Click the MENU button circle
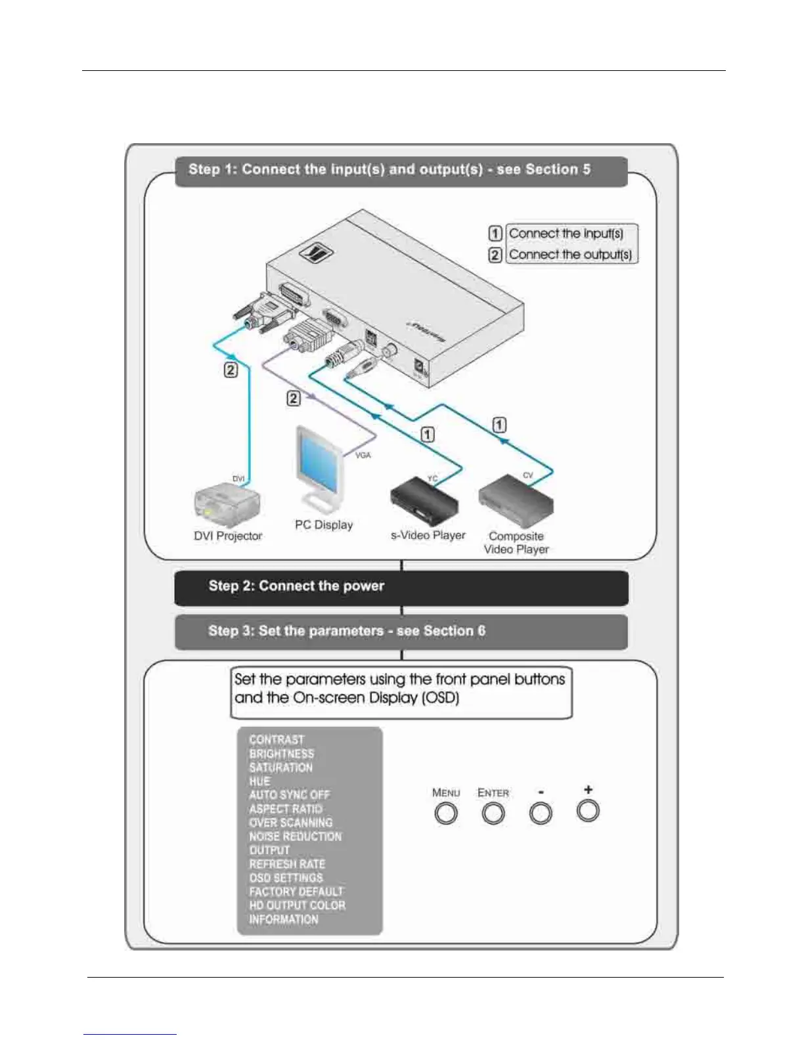446,813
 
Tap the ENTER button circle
493,813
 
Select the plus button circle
588,811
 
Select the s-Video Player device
424,503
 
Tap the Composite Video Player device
516,504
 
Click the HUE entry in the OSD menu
259,781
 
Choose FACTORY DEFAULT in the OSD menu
296,892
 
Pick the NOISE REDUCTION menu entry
295,836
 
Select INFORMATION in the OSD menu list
283,919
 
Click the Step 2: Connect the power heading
296,586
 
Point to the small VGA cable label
363,455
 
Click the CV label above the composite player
528,475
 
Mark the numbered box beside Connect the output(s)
495,254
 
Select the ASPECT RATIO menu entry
286,809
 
